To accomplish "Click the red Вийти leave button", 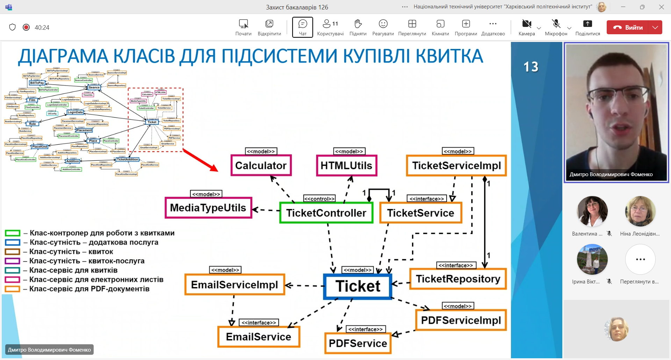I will tap(628, 27).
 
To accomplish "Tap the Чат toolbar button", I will tap(303, 27).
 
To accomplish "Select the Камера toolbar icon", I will tap(526, 24).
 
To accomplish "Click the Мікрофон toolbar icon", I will tap(556, 24).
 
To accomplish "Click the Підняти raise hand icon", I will tap(358, 24).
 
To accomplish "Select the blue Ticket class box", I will tap(358, 286).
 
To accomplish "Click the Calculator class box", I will tap(261, 165).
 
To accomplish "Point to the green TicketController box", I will tap(326, 213).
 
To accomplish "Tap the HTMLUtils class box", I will tap(346, 165).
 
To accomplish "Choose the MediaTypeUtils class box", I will tap(208, 208).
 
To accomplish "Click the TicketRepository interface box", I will tap(458, 279).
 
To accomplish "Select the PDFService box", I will tap(358, 343).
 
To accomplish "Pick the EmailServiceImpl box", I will tap(235, 285).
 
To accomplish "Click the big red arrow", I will tap(200, 160).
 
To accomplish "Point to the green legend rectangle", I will tap(13, 233).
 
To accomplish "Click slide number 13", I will tap(531, 67).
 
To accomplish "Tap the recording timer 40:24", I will tap(42, 28).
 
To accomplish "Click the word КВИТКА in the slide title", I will tap(449, 56).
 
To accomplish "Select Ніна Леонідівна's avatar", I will tap(640, 211).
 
